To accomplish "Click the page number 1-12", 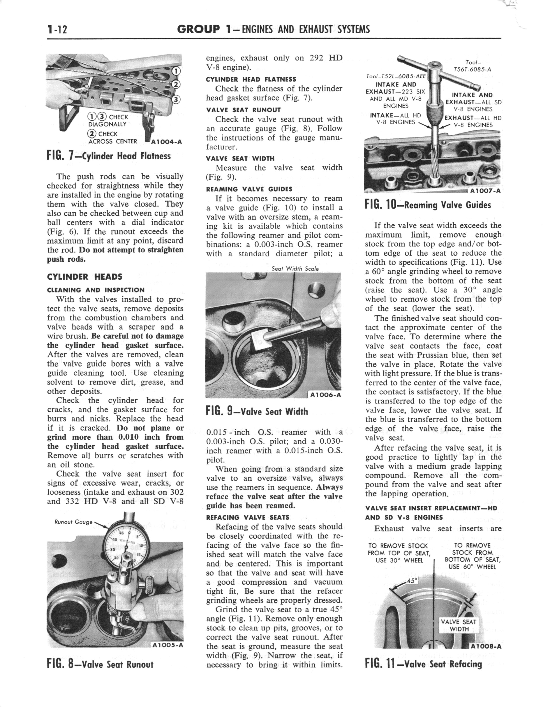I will tap(57, 30).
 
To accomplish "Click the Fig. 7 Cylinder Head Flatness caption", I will tap(109, 156).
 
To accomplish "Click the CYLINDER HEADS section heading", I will tap(85, 277).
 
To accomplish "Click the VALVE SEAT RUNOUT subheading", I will tap(243, 110).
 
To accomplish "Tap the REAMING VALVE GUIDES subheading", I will tap(249, 189).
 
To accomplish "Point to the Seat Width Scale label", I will tap(295, 268).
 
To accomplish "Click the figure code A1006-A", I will tap(325, 395).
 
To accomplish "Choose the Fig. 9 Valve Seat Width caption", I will tap(257, 411).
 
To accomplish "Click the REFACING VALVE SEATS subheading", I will tap(248, 517).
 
